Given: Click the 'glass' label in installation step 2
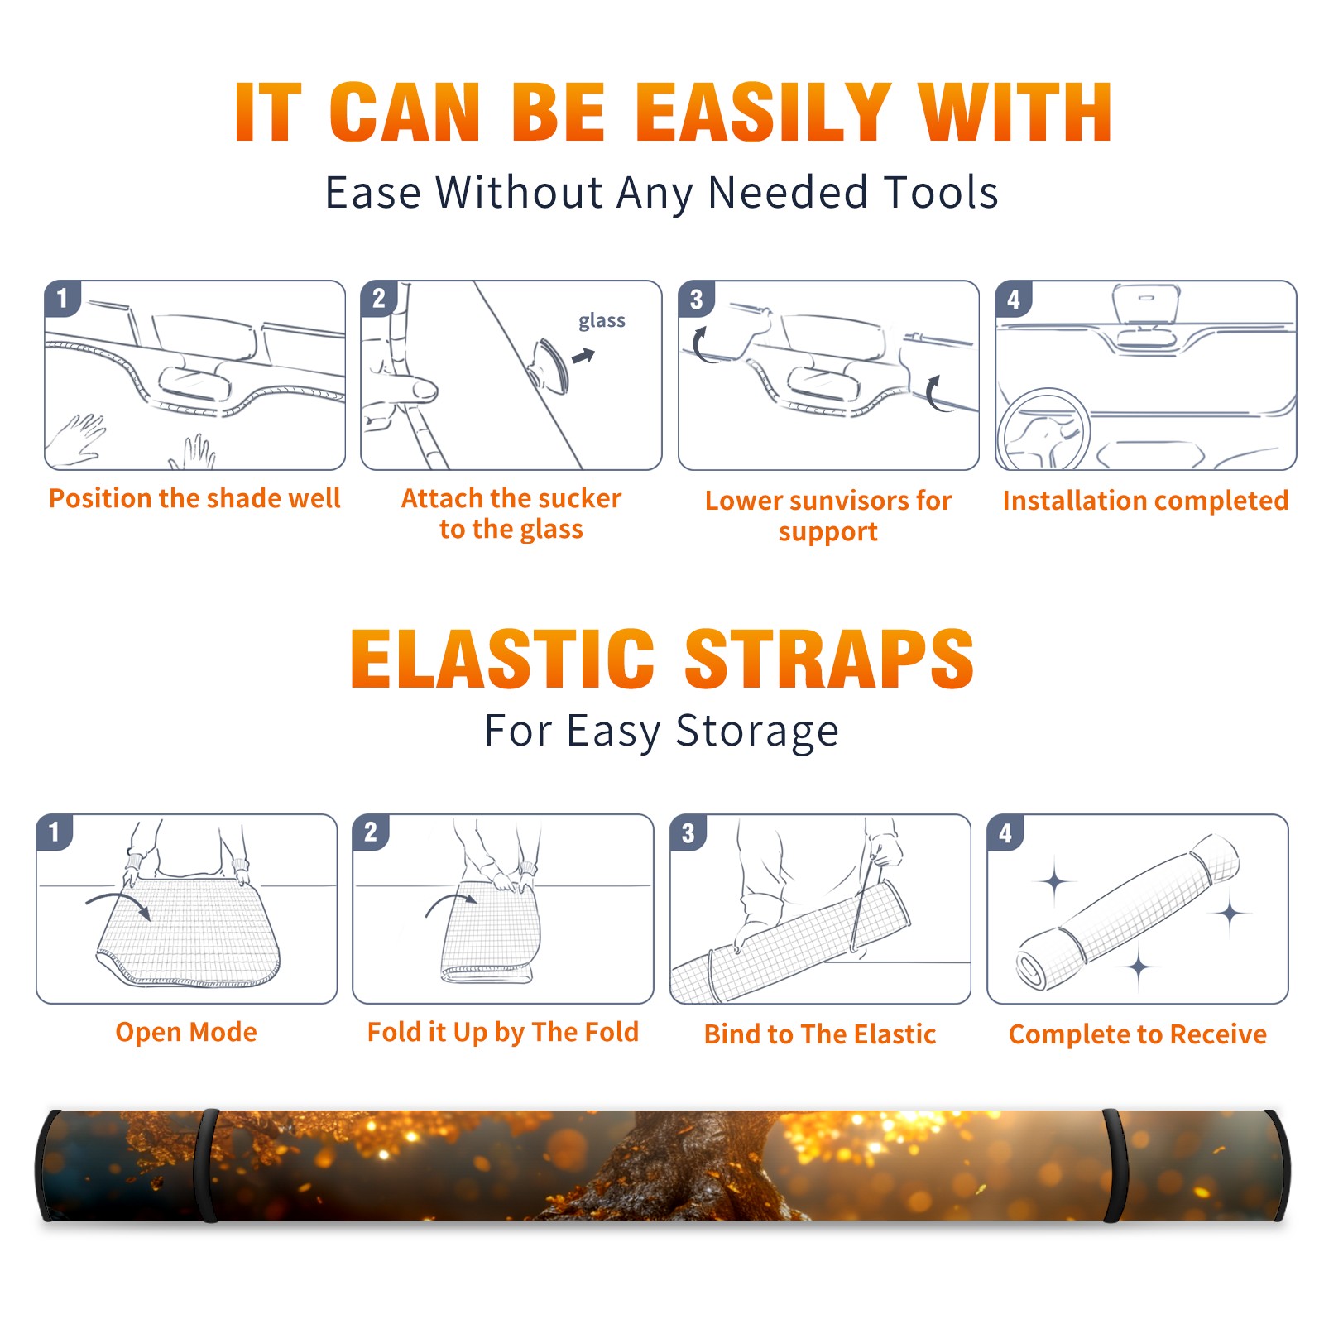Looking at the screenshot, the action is [602, 321].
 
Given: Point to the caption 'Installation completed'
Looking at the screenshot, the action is [1145, 500].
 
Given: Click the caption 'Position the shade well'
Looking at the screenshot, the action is [194, 498].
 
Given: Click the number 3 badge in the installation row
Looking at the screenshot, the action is [696, 300].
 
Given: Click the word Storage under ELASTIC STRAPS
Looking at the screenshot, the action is [757, 732].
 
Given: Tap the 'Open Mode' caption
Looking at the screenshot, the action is [186, 1032].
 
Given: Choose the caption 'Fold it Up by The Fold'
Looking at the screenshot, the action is [503, 1032].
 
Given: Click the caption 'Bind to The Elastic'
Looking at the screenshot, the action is [820, 1034].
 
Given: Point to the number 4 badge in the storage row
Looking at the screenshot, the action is [1005, 832].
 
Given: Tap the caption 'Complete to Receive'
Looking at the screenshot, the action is [1138, 1034].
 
